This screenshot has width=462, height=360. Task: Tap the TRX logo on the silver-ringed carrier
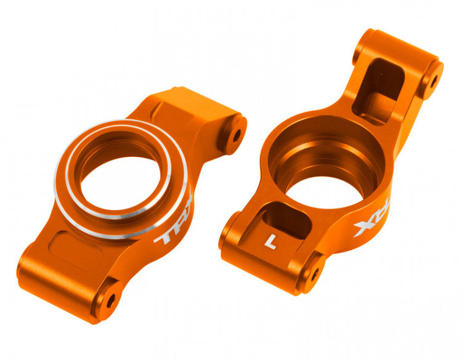click(174, 222)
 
